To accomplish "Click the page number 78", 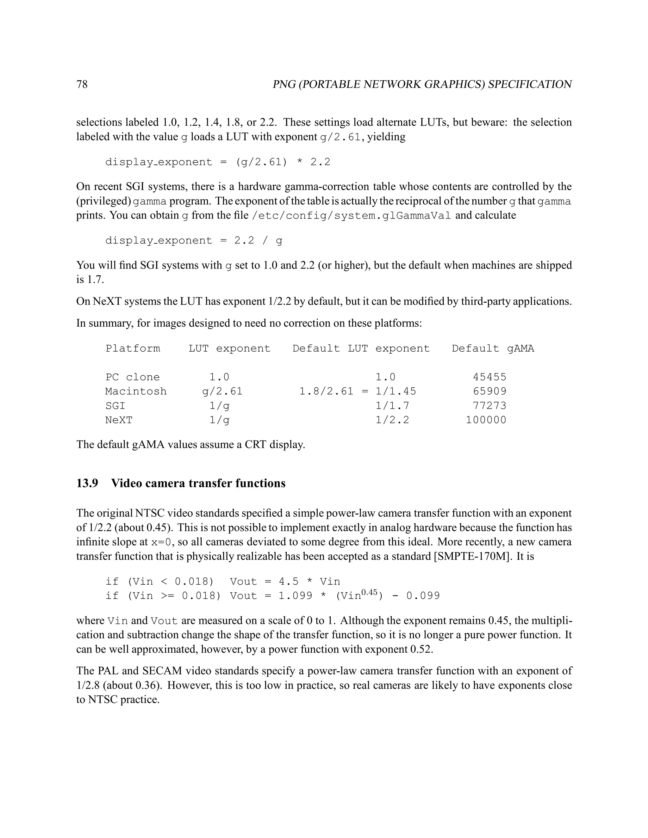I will tap(82, 84).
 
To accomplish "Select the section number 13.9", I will tap(87, 483).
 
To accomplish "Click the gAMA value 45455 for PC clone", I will tap(489, 377).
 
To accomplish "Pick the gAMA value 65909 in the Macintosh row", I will tap(489, 391).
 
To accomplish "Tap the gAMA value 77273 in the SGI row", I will tap(489, 406).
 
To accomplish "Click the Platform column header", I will tap(133, 348).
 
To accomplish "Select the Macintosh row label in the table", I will tap(136, 391).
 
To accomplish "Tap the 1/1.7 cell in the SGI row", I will tap(392, 406).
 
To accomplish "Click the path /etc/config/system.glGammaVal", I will tap(351, 216).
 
